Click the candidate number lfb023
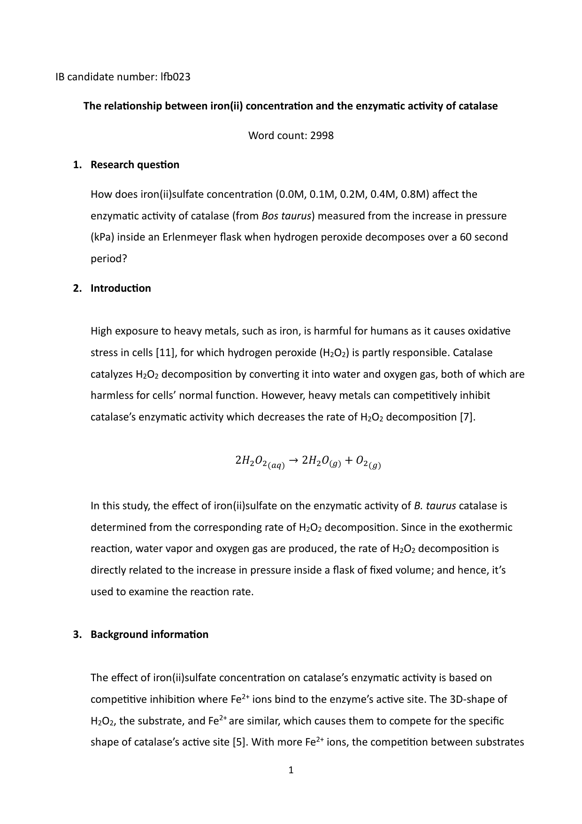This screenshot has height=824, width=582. [x=175, y=77]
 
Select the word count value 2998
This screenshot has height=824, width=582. [x=322, y=136]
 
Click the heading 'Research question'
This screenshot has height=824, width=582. [x=135, y=165]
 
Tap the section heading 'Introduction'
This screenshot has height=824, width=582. [x=121, y=288]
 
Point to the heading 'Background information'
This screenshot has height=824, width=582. [x=149, y=635]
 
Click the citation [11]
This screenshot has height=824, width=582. [x=165, y=353]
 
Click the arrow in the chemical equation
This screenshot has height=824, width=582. [x=293, y=461]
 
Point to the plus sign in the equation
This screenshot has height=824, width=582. [x=348, y=461]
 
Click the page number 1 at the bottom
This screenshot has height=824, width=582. [x=291, y=770]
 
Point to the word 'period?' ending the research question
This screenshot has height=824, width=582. [x=109, y=259]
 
